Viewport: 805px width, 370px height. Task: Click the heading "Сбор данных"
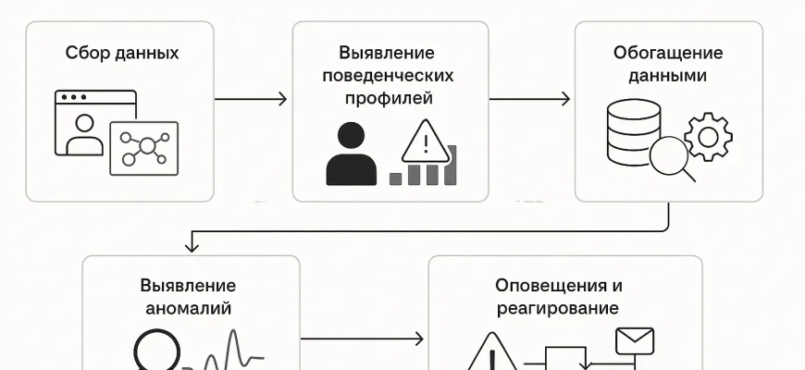(122, 53)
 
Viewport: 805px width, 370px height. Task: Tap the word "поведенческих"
(390, 75)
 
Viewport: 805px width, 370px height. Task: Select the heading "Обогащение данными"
(668, 64)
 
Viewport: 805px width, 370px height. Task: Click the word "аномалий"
(188, 309)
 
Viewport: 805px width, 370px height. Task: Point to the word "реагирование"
(558, 308)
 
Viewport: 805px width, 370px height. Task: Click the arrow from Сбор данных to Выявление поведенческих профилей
(251, 98)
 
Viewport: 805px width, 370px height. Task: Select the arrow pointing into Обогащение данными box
(529, 98)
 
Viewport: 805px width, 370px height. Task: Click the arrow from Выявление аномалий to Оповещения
(362, 339)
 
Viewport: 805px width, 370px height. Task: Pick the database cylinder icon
(634, 131)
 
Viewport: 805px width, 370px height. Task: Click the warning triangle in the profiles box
(425, 142)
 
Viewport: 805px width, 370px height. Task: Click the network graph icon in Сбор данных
(143, 147)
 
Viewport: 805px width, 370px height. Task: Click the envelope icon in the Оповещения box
(635, 341)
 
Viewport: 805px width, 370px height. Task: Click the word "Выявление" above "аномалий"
(188, 286)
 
